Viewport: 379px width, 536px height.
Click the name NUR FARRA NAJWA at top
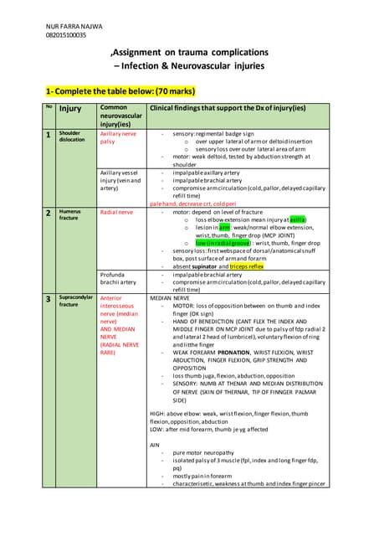74,26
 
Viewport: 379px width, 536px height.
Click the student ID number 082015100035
66,35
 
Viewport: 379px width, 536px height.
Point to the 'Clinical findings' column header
226,109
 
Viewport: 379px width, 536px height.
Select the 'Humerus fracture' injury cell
70,217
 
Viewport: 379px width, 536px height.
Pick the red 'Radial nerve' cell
117,213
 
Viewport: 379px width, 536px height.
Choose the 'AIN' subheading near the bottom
155,444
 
